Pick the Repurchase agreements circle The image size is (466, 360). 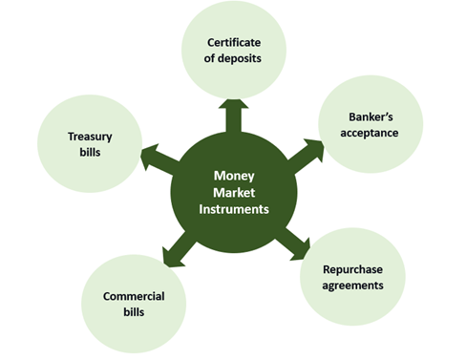354,276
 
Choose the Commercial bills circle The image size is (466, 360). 134,303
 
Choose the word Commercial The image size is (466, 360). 134,296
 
